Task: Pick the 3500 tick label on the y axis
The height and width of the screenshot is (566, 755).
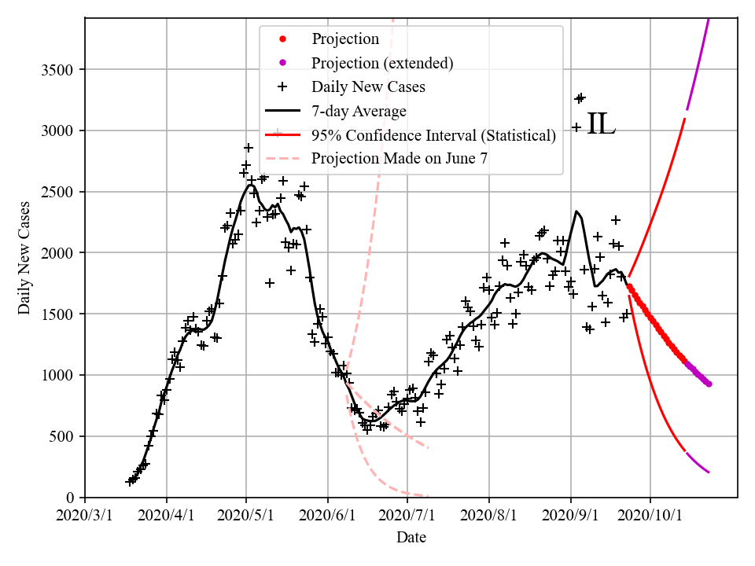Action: pos(60,70)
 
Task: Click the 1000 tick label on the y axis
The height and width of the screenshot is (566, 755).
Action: pos(60,376)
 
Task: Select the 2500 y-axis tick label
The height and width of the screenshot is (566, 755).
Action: pos(60,192)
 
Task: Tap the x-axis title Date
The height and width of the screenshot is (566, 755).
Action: pos(411,538)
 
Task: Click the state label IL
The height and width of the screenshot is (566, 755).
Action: pos(601,125)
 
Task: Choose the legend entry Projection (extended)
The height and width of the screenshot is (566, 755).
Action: pos(382,63)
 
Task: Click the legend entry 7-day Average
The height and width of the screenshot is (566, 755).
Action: pos(359,111)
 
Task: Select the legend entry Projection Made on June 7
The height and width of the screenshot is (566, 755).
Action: pos(400,158)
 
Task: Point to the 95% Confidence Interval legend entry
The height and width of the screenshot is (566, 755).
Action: pos(433,134)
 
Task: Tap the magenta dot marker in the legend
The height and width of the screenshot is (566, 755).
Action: pos(284,63)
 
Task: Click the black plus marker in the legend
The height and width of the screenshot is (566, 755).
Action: pos(284,86)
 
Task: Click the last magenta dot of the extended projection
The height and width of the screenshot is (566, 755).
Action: pos(709,384)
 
